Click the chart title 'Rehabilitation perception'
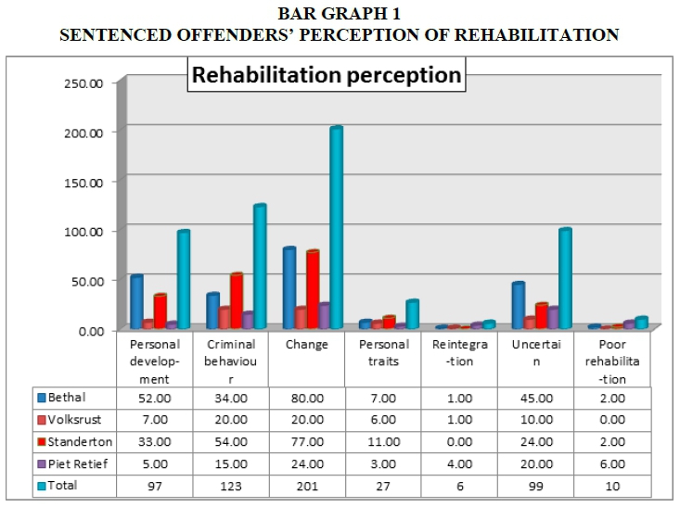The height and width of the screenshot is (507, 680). [x=326, y=74]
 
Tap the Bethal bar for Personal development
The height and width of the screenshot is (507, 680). [x=136, y=301]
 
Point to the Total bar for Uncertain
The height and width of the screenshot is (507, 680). [x=564, y=278]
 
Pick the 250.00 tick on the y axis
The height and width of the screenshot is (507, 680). [x=90, y=82]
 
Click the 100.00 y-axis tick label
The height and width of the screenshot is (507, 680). [x=90, y=230]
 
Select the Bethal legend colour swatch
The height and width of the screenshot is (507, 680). [x=42, y=399]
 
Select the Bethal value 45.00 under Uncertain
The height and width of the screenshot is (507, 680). [x=536, y=399]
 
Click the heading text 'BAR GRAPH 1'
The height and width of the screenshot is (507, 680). [x=340, y=14]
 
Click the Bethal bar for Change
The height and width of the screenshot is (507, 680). [x=290, y=287]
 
